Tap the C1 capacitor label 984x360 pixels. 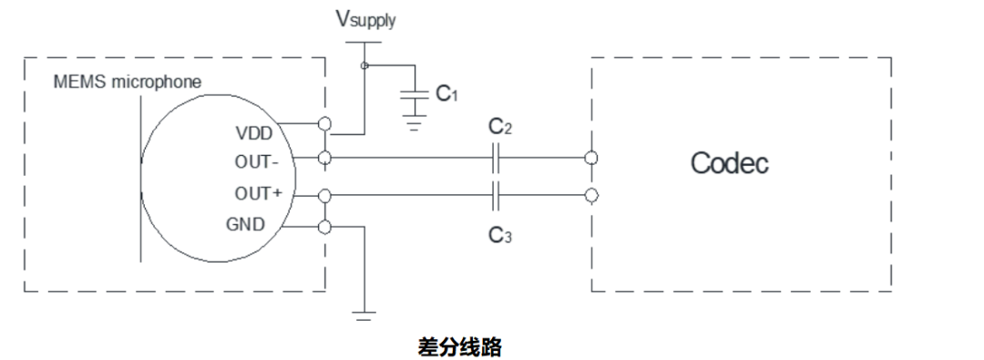pos(445,93)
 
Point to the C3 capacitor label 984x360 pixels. pos(500,236)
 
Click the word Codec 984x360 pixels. pos(729,163)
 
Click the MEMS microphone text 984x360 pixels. pos(127,83)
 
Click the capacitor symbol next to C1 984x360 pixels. pos(416,94)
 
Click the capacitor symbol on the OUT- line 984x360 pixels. pos(496,159)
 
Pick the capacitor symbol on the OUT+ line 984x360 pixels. pos(496,194)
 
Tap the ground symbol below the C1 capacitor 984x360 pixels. pos(416,125)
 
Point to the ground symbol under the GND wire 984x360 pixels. pos(364,315)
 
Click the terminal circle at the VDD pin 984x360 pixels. pos(325,124)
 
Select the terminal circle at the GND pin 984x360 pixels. pos(325,228)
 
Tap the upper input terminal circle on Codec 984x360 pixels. pos(592,159)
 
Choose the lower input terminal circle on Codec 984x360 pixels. pos(592,194)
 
